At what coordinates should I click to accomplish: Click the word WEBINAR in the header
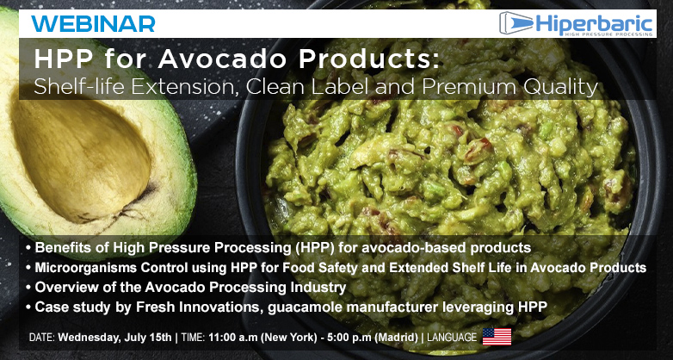tap(93, 23)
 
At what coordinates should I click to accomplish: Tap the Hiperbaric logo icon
tap(516, 23)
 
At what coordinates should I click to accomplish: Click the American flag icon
tap(497, 337)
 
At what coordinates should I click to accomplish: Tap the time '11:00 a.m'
tap(232, 338)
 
